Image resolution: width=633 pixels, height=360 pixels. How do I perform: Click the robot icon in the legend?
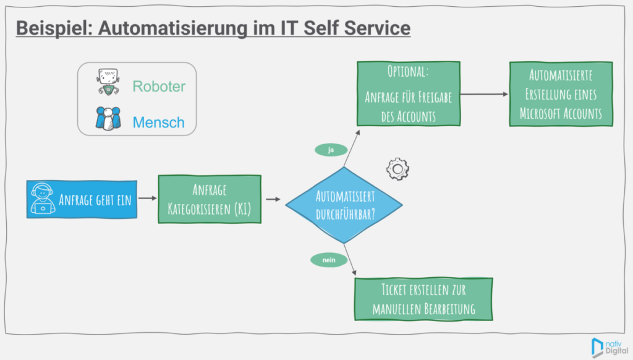click(x=108, y=82)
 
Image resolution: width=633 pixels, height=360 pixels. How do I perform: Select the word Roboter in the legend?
click(x=159, y=86)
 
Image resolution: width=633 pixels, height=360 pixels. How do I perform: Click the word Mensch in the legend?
click(x=158, y=122)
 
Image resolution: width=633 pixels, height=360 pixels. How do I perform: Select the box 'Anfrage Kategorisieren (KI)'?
click(x=209, y=199)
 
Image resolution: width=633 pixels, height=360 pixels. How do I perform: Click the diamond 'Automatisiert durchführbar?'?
click(x=345, y=204)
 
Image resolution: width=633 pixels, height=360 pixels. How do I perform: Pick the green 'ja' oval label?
click(x=330, y=149)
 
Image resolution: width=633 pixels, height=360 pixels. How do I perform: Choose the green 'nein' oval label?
click(x=328, y=260)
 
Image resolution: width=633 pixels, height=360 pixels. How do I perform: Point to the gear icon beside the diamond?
click(x=397, y=168)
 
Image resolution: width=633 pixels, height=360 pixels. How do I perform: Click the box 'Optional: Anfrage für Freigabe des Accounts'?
click(x=407, y=93)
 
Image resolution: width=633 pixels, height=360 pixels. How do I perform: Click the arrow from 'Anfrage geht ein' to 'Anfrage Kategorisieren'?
click(x=147, y=199)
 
